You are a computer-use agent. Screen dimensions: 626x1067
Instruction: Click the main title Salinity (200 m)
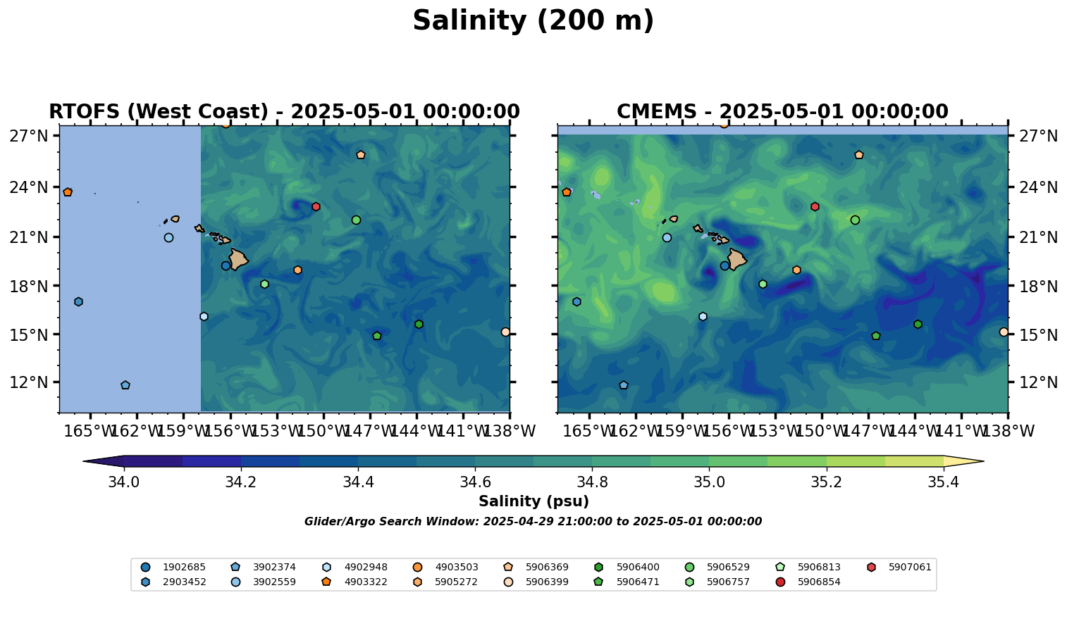point(533,21)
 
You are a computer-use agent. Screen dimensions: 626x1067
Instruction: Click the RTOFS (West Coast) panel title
point(284,112)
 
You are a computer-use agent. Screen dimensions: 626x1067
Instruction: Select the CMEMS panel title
point(782,112)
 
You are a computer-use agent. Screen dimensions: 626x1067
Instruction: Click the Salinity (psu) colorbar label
point(533,501)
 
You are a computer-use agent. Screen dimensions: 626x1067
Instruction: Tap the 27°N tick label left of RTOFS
point(28,136)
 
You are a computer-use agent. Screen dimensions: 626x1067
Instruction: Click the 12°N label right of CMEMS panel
point(1039,383)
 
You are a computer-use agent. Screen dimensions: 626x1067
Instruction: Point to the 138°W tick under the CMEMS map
point(1007,431)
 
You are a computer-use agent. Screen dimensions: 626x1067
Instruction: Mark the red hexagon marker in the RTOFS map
point(316,206)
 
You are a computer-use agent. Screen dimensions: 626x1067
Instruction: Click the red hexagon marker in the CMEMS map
point(815,206)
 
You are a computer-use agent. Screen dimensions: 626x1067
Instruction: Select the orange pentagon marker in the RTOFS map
point(68,192)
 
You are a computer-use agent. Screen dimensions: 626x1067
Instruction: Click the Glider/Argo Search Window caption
point(533,522)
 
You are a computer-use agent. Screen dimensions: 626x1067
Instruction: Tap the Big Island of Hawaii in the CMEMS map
point(736,260)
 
